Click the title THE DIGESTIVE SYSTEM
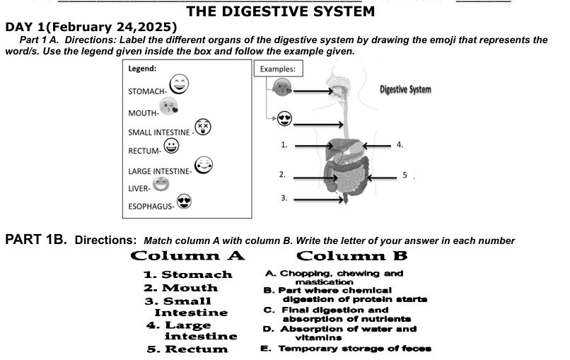280,11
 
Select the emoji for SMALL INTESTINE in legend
204,127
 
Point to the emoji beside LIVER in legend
162,185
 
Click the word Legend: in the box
142,69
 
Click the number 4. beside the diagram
400,144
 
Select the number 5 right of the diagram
406,174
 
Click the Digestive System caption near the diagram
405,90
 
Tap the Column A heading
187,255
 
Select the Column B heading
351,255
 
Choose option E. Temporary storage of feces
347,349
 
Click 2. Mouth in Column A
180,288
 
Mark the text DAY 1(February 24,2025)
91,28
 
